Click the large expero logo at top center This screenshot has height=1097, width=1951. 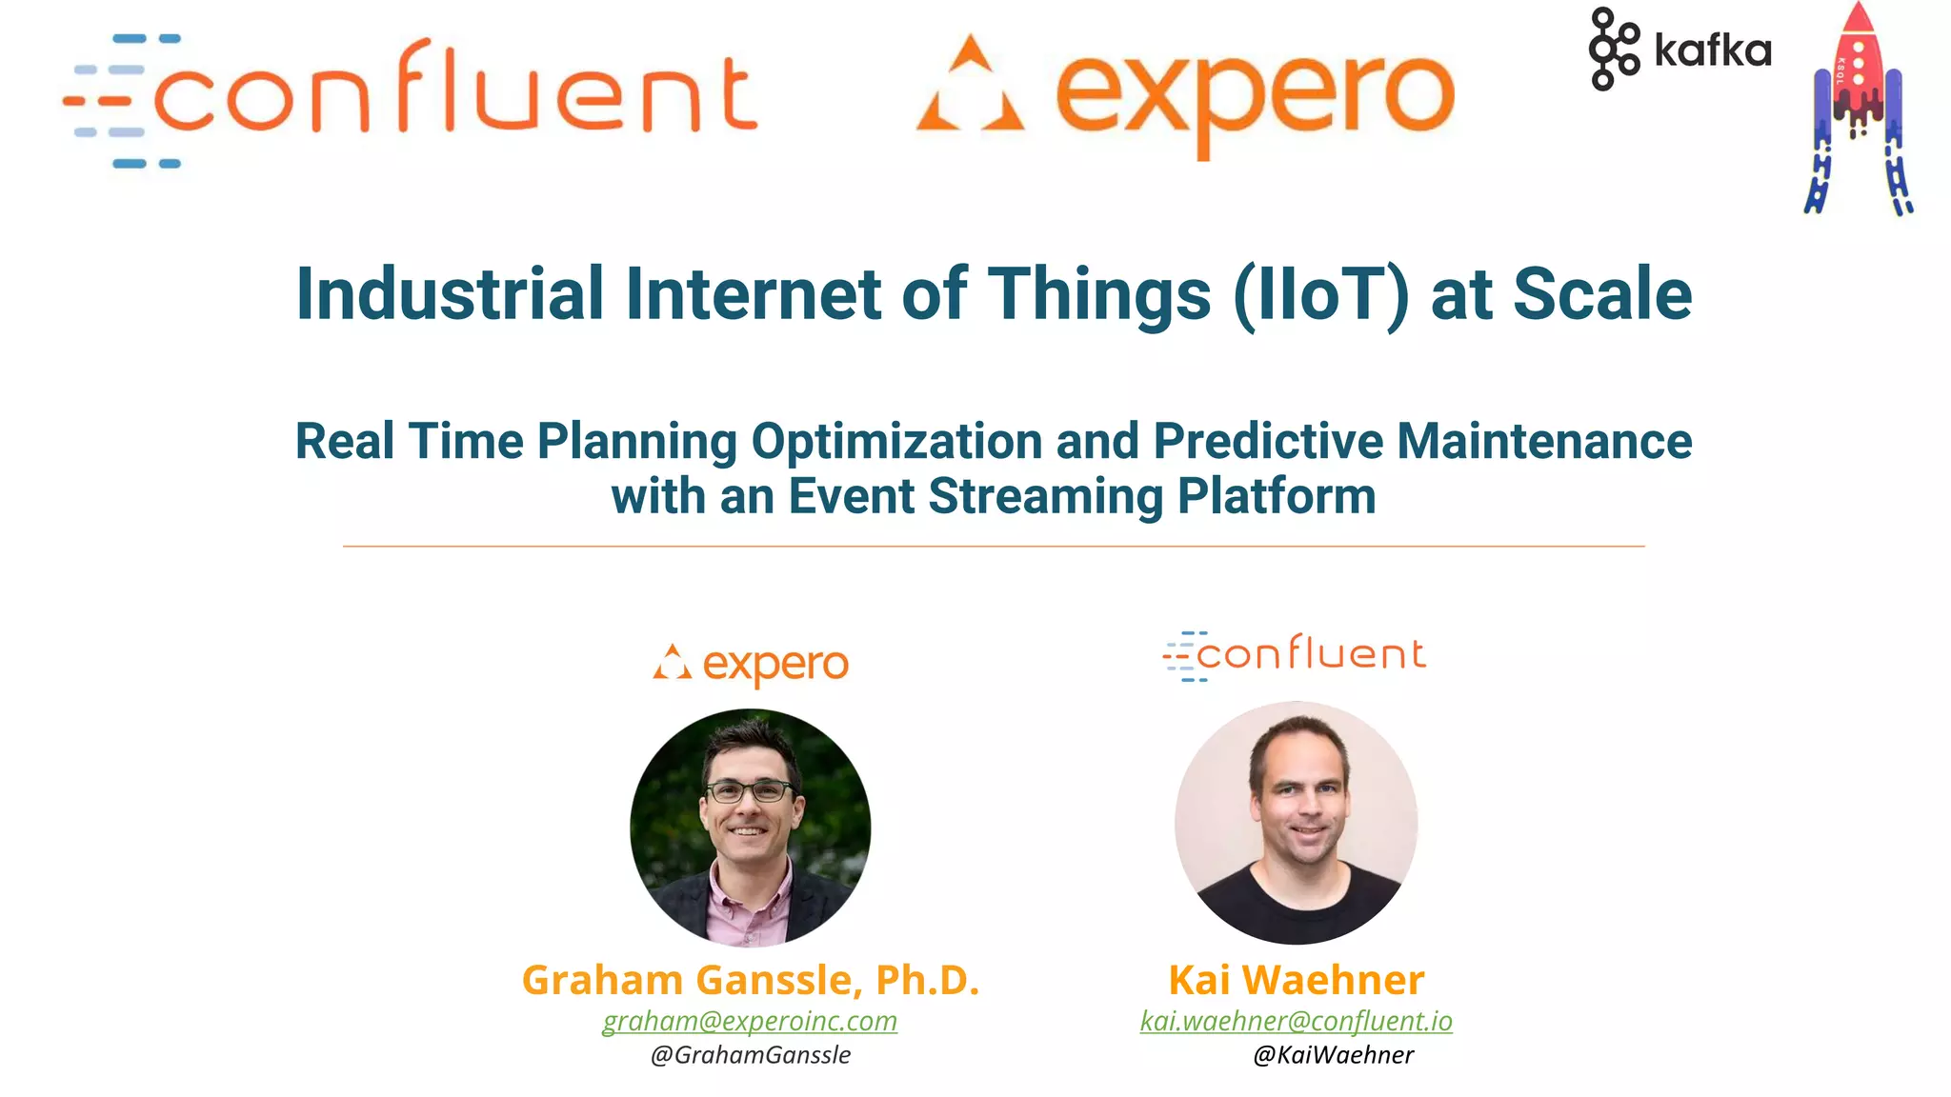1186,95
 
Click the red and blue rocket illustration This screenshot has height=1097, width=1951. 1858,110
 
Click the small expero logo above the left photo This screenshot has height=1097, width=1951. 751,664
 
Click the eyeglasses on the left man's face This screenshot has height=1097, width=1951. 749,790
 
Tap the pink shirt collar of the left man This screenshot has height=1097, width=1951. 749,909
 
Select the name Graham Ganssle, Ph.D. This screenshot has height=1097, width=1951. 751,980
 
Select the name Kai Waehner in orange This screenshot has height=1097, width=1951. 1296,980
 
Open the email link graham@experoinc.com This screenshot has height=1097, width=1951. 750,1021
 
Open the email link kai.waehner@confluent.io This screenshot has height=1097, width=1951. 1296,1021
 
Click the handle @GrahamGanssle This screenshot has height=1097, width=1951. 751,1055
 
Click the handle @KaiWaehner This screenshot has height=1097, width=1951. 1333,1055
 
